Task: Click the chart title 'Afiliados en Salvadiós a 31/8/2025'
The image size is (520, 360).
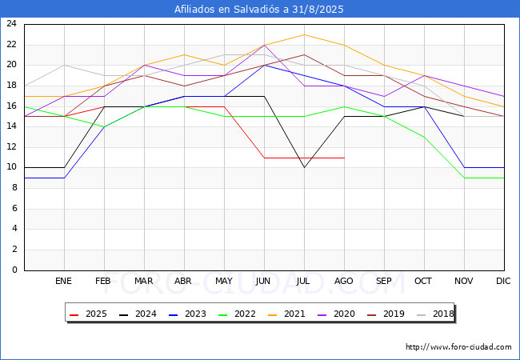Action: [x=259, y=10]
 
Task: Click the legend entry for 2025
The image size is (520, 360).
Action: [x=89, y=314]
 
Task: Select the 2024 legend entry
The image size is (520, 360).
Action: [x=138, y=314]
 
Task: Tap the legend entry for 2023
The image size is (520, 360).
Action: [x=188, y=314]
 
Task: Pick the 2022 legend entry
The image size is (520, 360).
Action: [x=237, y=314]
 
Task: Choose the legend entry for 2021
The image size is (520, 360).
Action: [x=287, y=314]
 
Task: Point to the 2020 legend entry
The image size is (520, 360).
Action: [x=336, y=314]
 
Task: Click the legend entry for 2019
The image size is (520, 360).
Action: [x=386, y=314]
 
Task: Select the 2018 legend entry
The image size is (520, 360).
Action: [x=435, y=314]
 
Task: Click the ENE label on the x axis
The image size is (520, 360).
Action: [x=63, y=281]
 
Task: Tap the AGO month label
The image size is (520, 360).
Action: [x=343, y=281]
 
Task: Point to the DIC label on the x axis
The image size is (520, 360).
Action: [x=503, y=281]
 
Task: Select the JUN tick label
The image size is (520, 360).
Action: [x=263, y=281]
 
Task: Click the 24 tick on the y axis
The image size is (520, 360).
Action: [x=12, y=23]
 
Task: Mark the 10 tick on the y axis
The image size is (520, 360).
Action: [x=12, y=167]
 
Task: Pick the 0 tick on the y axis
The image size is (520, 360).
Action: [x=14, y=270]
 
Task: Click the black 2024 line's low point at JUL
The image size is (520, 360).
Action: [x=305, y=168]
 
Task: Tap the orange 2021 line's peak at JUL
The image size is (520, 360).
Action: [x=305, y=35]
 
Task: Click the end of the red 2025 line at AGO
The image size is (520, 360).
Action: [x=345, y=158]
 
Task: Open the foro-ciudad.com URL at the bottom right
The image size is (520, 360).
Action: [x=458, y=347]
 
